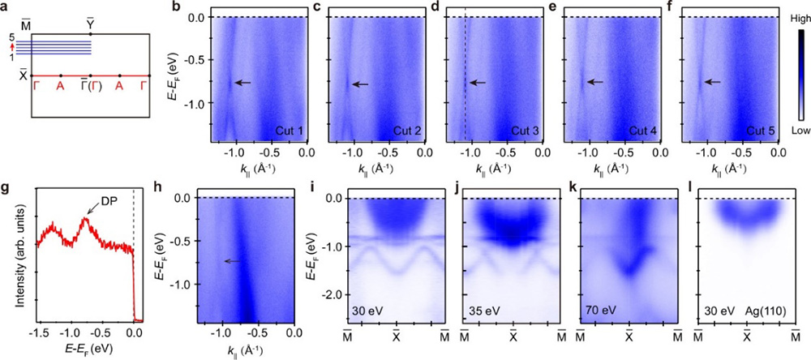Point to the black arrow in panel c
click(359, 84)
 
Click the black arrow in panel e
click(595, 81)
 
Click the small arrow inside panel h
click(233, 261)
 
